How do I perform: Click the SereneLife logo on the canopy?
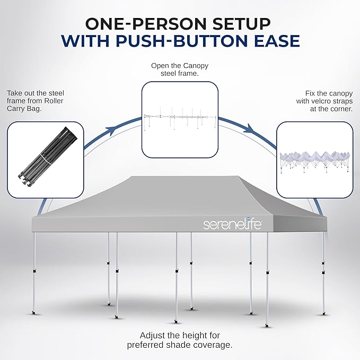232,224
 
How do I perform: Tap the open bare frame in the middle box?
180,119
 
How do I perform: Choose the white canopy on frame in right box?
315,161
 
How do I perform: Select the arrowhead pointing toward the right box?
250,128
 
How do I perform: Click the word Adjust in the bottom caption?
152,336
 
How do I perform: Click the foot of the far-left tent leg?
34,313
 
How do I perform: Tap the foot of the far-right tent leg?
324,313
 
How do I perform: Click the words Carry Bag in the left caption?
24,108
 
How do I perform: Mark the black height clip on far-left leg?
34,271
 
